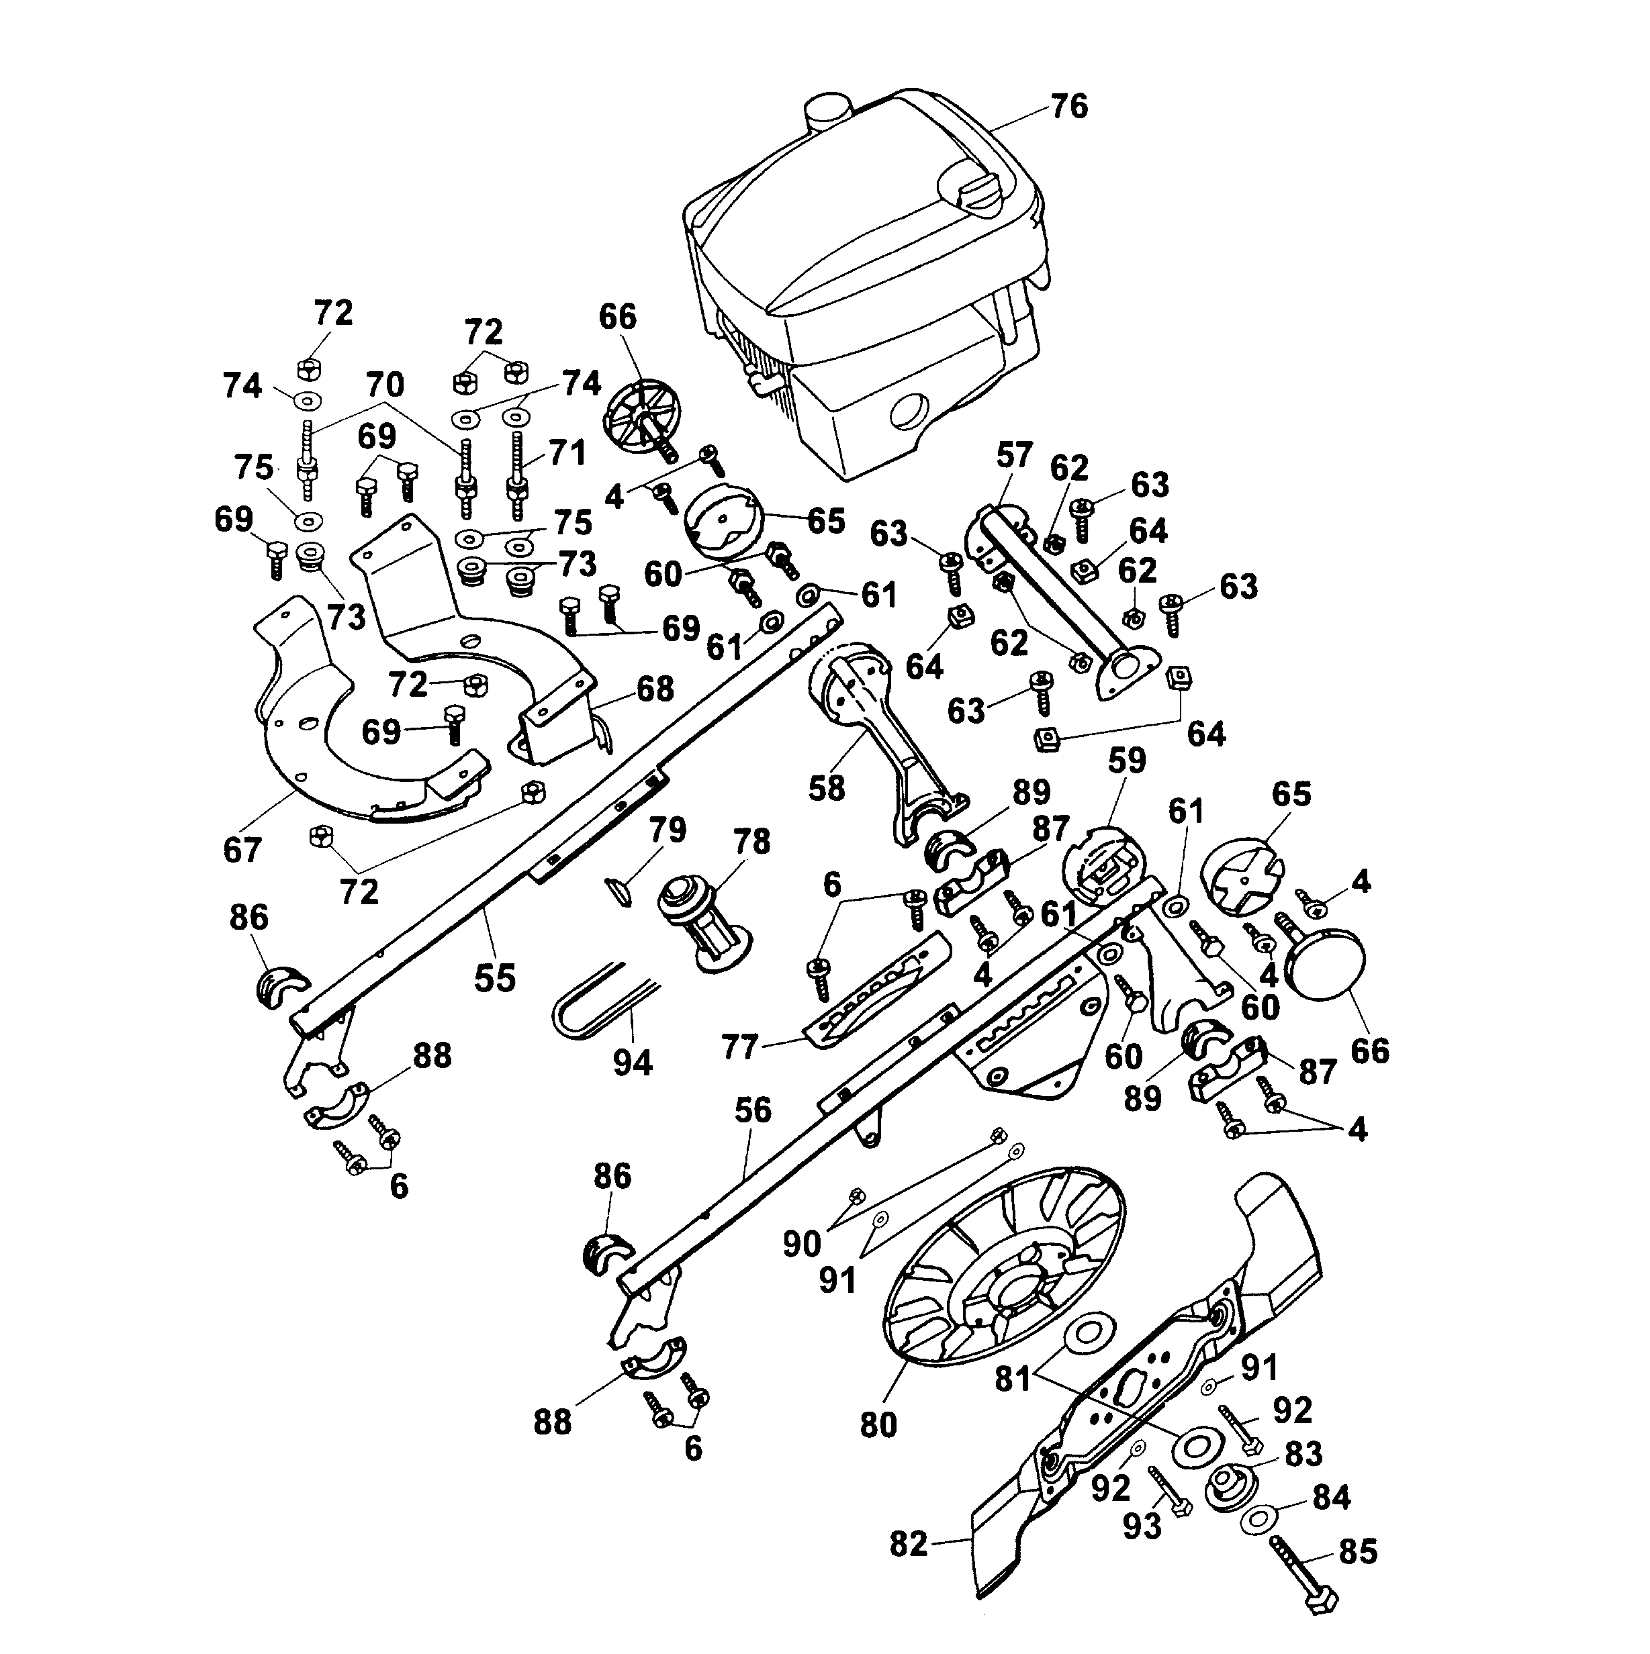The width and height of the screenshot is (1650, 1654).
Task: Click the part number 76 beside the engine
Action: pos(1068,107)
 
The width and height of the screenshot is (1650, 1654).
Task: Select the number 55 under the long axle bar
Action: pos(495,977)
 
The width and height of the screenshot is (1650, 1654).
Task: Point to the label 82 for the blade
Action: pos(909,1543)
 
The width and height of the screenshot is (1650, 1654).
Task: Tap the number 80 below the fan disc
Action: pos(878,1424)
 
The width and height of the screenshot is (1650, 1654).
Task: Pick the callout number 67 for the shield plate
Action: pos(242,850)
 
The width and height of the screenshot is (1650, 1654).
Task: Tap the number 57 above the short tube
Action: pos(1014,455)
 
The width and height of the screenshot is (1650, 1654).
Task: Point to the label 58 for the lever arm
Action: pos(826,787)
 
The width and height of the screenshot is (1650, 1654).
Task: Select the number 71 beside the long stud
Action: pos(567,452)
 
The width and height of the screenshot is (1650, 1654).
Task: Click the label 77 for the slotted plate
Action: pos(740,1046)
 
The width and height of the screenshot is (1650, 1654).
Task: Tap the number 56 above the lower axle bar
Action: pos(753,1110)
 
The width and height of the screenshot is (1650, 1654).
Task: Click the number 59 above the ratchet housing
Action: pos(1127,759)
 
